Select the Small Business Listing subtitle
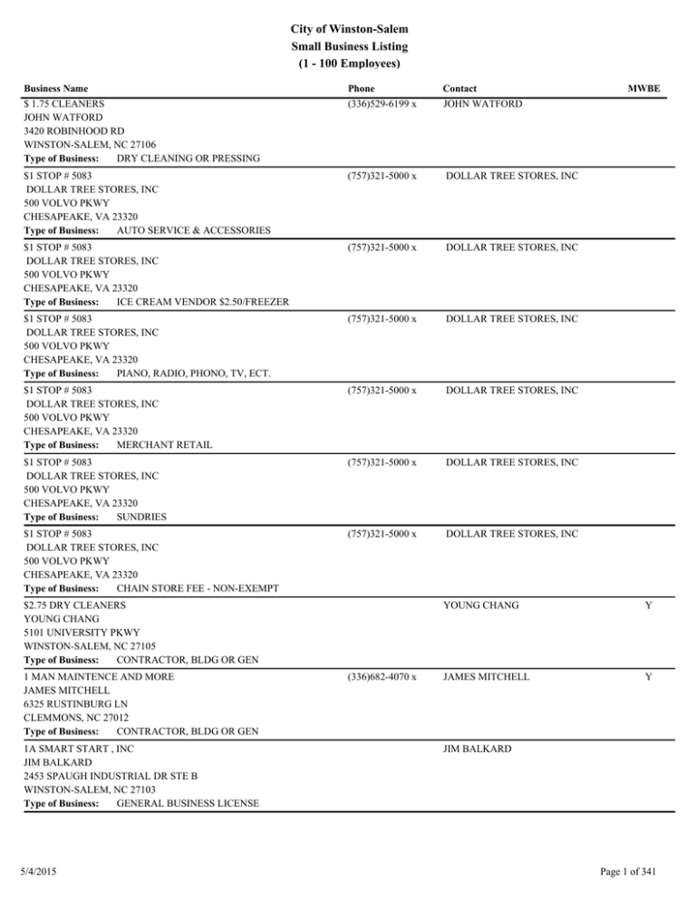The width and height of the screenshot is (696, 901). [348, 46]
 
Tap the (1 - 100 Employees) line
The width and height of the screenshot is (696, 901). [348, 64]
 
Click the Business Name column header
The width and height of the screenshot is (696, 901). [56, 89]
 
